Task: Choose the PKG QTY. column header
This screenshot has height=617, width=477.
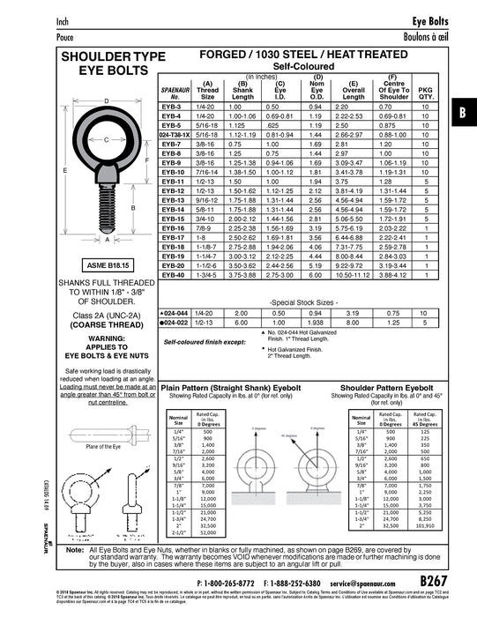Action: pos(426,92)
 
